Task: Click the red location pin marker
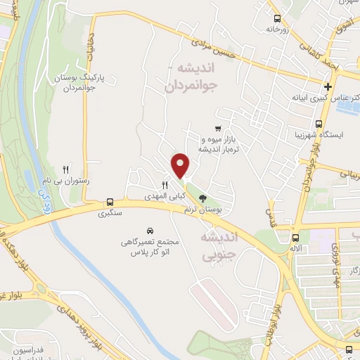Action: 181,165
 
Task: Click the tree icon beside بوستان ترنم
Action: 203,198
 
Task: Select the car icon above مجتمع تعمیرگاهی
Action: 150,231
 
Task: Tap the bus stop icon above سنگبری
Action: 110,200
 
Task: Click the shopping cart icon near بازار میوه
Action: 219,128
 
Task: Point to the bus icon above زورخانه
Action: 277,19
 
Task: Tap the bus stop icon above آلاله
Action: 297,238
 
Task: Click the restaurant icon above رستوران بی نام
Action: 65,169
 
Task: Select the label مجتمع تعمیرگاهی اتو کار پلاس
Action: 150,246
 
